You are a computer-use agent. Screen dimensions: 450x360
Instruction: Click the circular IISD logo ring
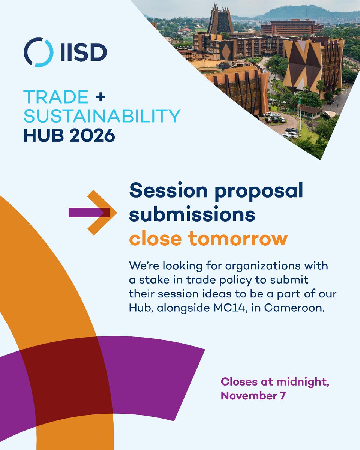point(37,52)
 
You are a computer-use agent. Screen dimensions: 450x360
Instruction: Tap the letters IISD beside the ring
point(82,52)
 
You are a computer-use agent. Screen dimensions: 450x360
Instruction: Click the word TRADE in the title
point(55,97)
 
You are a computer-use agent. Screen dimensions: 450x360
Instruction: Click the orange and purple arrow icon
point(94,213)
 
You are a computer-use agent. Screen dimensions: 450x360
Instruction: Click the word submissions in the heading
point(192,215)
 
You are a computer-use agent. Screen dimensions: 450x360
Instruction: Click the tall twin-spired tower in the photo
point(220,19)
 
